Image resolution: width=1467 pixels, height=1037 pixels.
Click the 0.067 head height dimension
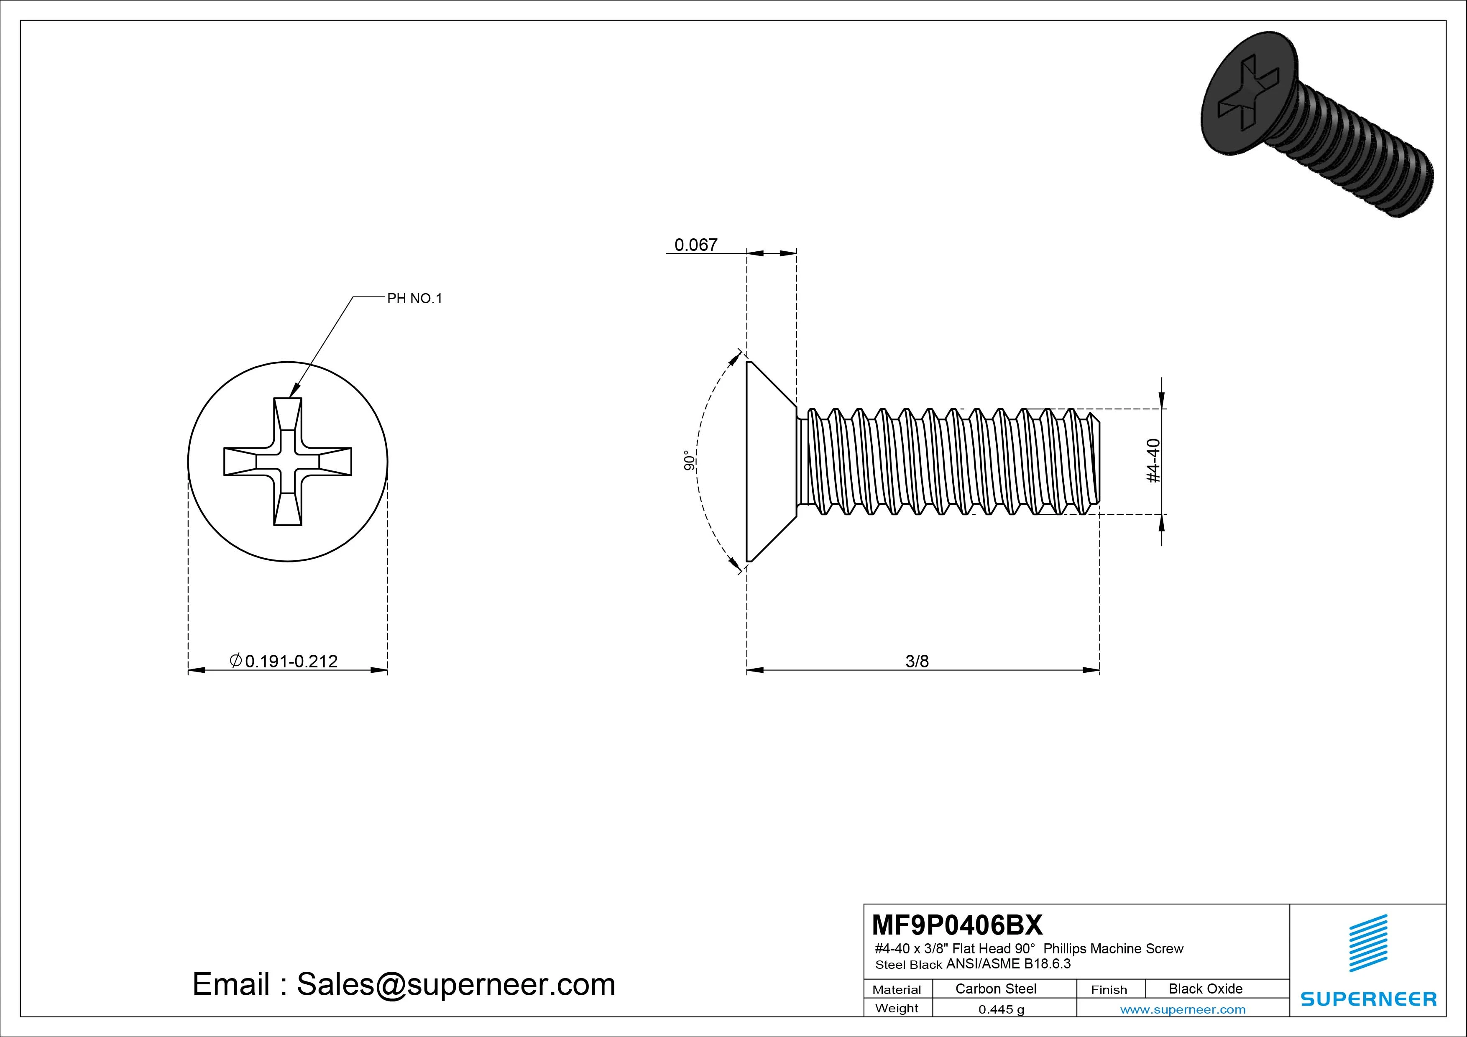pos(696,245)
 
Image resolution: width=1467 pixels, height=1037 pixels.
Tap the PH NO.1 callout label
pos(415,299)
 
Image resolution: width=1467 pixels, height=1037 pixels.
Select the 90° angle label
pos(689,461)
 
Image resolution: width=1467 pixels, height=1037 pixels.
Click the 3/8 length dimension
pos(917,662)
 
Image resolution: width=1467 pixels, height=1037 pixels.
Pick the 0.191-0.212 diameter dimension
pos(284,662)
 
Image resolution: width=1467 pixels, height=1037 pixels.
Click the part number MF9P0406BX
pos(957,925)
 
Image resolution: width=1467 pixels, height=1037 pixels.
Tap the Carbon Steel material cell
pos(995,988)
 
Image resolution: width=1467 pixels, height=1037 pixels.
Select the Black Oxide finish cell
pos(1205,988)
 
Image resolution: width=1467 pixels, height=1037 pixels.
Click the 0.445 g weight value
pos(1001,1009)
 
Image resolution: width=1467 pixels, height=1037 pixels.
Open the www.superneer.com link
pos(1183,1009)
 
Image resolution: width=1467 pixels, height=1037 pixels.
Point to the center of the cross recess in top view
pos(288,461)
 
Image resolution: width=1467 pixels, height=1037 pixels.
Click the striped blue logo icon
pos(1368,944)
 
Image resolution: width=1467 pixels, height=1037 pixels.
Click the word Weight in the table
pos(897,1008)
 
